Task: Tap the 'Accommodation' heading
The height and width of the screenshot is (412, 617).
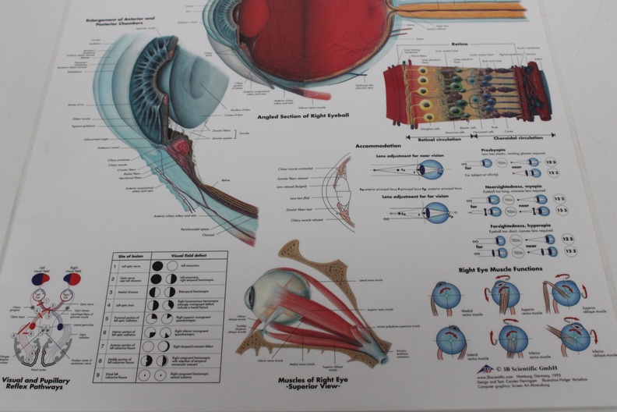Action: [379, 146]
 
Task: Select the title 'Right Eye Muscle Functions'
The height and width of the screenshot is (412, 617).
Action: [500, 269]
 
